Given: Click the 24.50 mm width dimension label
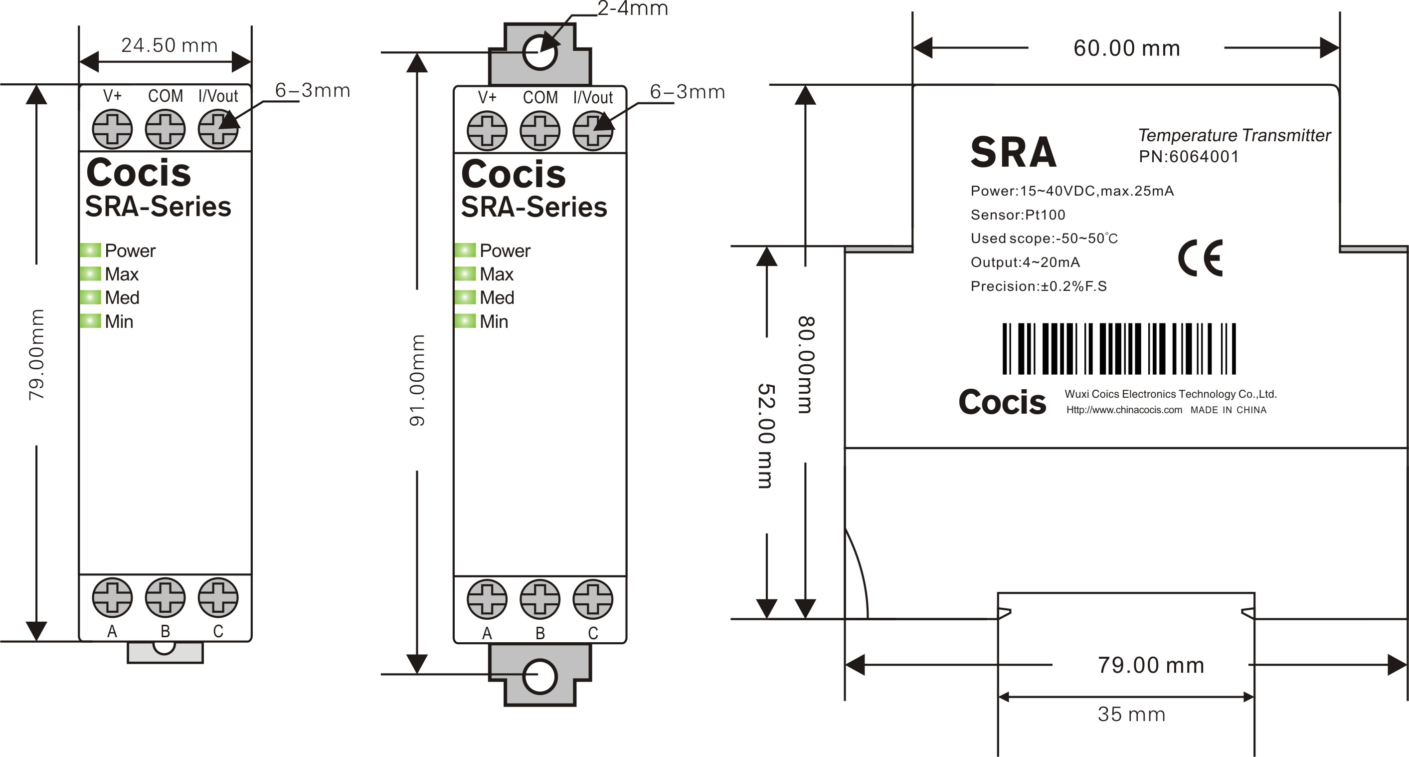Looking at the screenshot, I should coord(169,45).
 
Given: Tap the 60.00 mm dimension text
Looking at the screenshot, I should coord(1126,48).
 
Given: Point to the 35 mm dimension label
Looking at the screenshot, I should coord(1131,714).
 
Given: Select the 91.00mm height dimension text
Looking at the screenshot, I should coord(417,380).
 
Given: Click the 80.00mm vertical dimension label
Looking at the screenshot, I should coord(806,365).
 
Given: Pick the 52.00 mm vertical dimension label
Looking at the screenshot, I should coord(766,436).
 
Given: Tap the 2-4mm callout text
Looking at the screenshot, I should coord(633,9).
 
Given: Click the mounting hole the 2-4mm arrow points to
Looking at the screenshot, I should coord(540,52).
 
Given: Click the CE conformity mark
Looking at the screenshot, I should coord(1201,258).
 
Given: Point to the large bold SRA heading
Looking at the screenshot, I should coord(1013,152).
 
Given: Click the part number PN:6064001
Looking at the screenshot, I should coord(1189,157).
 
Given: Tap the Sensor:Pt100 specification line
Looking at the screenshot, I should coord(1018,215).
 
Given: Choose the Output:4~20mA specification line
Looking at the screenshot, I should coord(1025,262).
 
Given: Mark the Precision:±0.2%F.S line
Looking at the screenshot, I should coord(1038,286).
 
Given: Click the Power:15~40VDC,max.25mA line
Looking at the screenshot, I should coord(1072,191).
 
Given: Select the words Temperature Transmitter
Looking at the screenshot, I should coord(1234,135).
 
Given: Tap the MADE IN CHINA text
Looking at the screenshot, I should coord(1228,410).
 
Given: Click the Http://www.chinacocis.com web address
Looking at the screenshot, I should coord(1124,410).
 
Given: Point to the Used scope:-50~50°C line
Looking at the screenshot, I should coord(1044,239).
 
